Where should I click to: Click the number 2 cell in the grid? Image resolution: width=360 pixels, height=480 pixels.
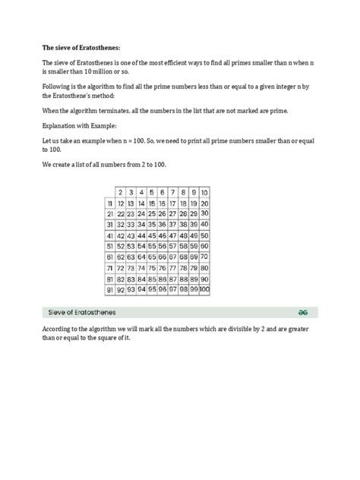[x=121, y=193]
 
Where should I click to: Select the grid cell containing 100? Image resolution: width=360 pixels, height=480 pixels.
[x=205, y=289]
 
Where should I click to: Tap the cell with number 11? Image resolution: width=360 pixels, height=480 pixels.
[x=110, y=204]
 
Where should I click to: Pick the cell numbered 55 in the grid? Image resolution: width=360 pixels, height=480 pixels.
[x=152, y=246]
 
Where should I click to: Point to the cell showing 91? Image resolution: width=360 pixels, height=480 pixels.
[x=110, y=289]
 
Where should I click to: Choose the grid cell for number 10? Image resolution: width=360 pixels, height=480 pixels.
[x=205, y=193]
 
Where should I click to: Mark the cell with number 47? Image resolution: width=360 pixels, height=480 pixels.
[x=173, y=235]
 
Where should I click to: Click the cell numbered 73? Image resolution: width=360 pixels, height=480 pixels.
[x=131, y=268]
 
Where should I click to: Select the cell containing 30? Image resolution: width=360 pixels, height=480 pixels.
[x=205, y=214]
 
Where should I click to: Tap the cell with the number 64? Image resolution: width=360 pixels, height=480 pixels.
[x=142, y=257]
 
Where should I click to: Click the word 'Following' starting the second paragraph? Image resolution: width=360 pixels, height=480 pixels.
[x=57, y=88]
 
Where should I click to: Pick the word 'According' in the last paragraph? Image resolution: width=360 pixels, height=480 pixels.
[x=58, y=330]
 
